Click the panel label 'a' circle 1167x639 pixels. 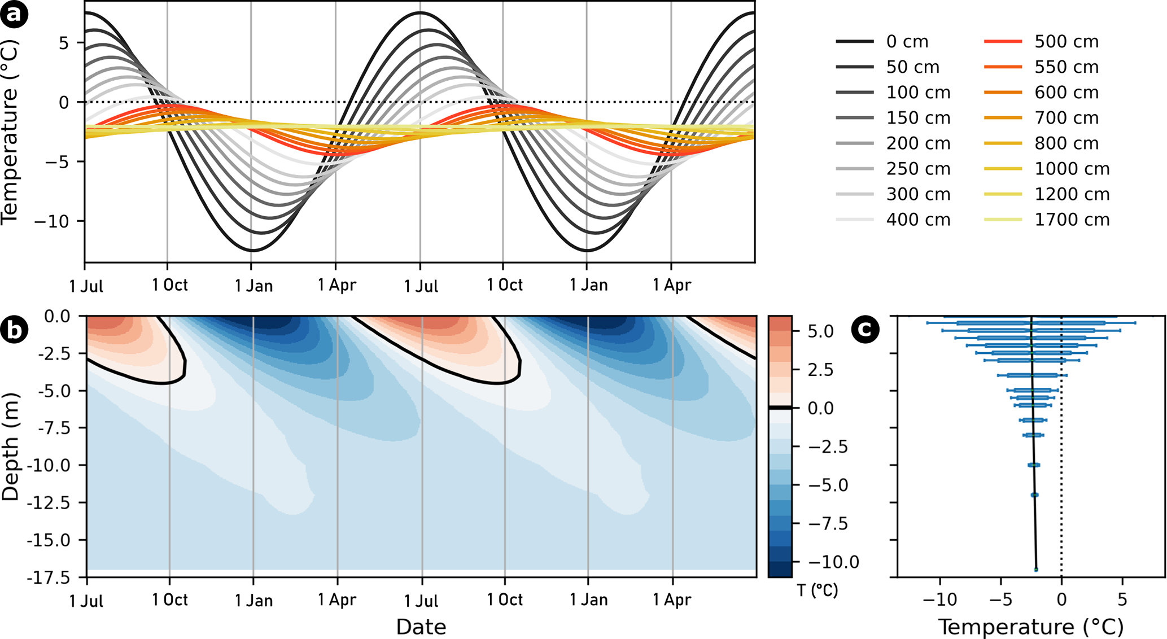click(14, 14)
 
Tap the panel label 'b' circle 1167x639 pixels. click(14, 330)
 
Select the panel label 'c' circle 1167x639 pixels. click(865, 330)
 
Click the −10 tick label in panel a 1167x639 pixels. click(51, 221)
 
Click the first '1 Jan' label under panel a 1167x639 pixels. click(253, 286)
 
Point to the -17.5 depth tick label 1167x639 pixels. click(48, 577)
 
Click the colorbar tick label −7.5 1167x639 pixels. click(828, 524)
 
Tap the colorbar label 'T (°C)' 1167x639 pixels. click(818, 590)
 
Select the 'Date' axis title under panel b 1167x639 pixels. click(421, 627)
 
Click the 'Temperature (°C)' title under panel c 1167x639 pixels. click(1030, 627)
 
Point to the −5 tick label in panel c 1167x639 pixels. click(1000, 599)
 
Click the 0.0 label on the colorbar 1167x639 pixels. click(820, 408)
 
